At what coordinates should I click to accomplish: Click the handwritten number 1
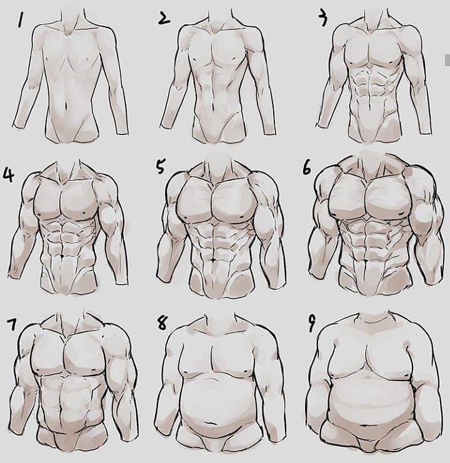[20, 19]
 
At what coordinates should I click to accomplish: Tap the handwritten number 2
[164, 19]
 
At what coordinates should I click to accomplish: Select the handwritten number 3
[323, 19]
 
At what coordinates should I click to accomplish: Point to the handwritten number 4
[8, 175]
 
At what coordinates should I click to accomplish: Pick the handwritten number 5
[160, 167]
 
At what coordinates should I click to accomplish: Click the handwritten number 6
[307, 168]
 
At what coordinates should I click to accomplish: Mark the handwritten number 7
[12, 325]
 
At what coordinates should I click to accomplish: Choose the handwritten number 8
[162, 323]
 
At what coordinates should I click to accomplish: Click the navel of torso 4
[62, 256]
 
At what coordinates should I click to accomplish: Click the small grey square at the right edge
[447, 60]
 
